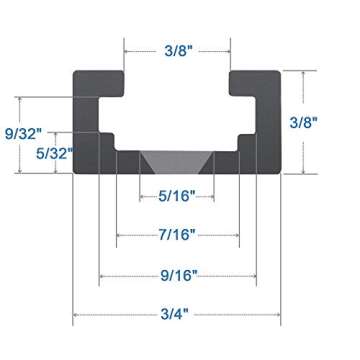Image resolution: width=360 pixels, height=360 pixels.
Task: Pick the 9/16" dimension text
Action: coord(177,273)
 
